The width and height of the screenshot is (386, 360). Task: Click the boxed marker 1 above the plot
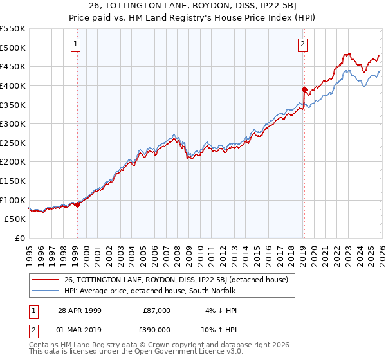click(76, 44)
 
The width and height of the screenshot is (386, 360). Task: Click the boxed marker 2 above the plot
click(302, 44)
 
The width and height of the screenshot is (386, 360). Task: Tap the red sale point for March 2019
click(304, 89)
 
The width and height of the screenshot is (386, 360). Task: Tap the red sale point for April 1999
click(78, 204)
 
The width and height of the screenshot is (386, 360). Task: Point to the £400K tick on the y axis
click(14, 85)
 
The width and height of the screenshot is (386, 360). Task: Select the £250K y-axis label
click(14, 143)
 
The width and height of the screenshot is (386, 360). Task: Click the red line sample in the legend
click(46, 280)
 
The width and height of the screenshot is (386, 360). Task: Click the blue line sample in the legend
click(46, 291)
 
